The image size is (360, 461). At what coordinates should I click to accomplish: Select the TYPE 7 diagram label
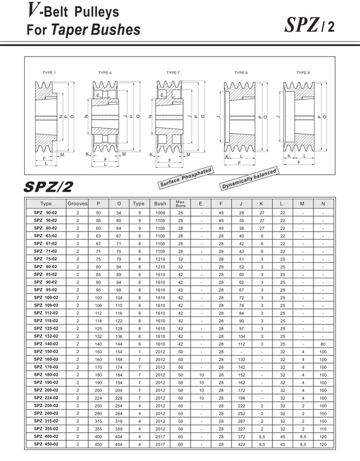click(173, 73)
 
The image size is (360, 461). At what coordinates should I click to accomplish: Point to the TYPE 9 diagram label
click(302, 73)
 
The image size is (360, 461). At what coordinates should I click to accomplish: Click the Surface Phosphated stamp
click(185, 177)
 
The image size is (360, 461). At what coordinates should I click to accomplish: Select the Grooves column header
click(78, 203)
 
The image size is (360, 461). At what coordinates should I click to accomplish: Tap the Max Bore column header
click(180, 203)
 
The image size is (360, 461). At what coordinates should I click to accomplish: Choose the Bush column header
click(160, 203)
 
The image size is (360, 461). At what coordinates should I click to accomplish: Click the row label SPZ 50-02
click(46, 213)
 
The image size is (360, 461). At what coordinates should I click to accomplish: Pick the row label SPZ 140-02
click(46, 343)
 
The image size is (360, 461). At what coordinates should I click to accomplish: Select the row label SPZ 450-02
click(46, 444)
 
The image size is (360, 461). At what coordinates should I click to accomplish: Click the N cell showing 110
click(323, 429)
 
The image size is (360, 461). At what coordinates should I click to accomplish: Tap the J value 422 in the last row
click(241, 444)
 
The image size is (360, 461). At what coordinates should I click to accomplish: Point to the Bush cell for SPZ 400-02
click(160, 437)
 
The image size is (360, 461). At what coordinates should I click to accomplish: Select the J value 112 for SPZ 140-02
click(241, 343)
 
